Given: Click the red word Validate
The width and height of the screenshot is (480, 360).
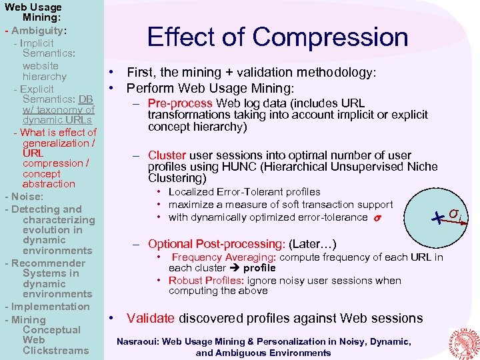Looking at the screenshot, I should tap(151, 318).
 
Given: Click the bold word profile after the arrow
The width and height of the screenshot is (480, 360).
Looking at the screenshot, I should tap(259, 268).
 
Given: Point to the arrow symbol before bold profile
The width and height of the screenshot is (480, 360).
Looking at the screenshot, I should tap(233, 268).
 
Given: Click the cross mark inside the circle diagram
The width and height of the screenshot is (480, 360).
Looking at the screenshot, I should tap(437, 217).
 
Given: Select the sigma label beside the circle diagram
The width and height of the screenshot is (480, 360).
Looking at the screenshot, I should tap(454, 213).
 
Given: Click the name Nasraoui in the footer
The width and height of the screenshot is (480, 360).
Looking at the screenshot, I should tap(139, 341).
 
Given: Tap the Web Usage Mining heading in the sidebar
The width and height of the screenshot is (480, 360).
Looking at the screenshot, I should tap(33, 13).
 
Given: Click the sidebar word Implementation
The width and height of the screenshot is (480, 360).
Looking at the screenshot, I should tap(50, 307).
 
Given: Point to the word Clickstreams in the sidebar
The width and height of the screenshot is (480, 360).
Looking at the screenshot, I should tap(55, 351).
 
